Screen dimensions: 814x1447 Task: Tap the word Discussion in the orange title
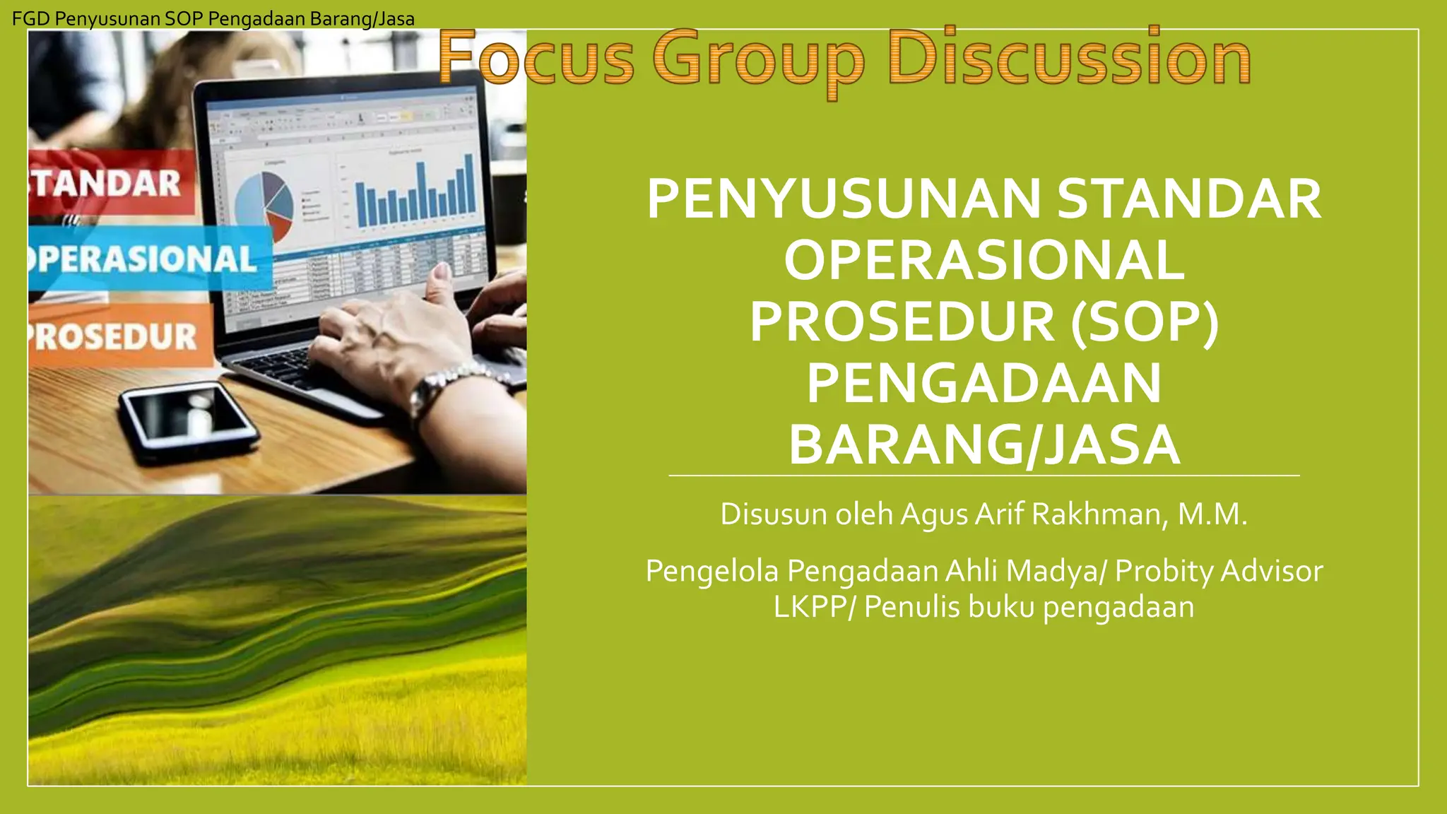coord(1069,58)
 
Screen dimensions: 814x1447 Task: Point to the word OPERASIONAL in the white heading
coord(984,260)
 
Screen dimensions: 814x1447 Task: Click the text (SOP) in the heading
coord(1145,322)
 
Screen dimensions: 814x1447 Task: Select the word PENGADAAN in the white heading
coord(984,384)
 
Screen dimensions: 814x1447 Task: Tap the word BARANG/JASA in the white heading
coord(984,445)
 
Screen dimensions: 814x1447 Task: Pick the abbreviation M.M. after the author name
coord(1212,514)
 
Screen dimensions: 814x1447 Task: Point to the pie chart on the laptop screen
coord(264,206)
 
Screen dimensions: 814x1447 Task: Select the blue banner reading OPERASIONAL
coord(148,259)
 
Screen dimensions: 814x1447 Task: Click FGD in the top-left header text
coord(30,19)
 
